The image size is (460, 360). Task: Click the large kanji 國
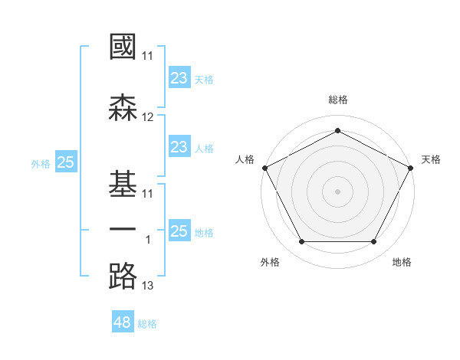[x=123, y=46]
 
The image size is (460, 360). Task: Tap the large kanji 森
[x=123, y=107]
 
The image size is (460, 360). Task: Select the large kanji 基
[x=123, y=184]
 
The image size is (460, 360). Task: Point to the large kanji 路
[x=123, y=276]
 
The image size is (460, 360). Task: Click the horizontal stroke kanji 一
[x=123, y=229]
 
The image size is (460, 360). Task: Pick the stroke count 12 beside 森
[x=147, y=117]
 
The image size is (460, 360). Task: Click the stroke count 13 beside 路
[x=147, y=286]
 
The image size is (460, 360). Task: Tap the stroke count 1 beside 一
[x=148, y=240]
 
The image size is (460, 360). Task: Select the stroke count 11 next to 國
[x=147, y=56]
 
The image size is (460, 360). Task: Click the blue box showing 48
[x=123, y=321]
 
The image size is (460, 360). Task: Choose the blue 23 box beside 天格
[x=180, y=77]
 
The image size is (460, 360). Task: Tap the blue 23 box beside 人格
[x=180, y=146]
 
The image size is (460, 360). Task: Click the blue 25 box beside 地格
[x=180, y=230]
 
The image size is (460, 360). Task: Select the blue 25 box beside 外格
[x=66, y=162]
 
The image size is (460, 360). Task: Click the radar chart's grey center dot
[x=337, y=191]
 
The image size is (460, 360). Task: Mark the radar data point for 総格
[x=337, y=130]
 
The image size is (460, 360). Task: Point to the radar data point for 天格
[x=410, y=168]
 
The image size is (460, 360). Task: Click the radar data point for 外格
[x=302, y=241]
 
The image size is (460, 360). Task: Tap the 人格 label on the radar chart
[x=245, y=159]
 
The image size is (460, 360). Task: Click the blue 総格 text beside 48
[x=147, y=324]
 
